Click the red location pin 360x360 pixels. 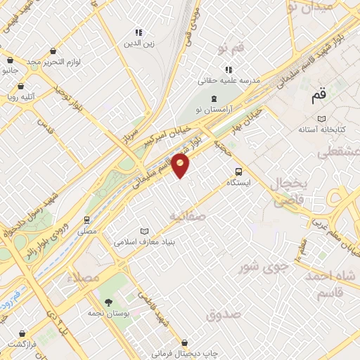click(x=181, y=166)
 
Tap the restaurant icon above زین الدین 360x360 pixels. click(x=139, y=32)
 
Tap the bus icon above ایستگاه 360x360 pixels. click(x=238, y=171)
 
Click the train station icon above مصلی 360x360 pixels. click(x=87, y=219)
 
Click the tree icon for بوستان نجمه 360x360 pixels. click(x=108, y=303)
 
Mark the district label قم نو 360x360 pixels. click(x=231, y=49)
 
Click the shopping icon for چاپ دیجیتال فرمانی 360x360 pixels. click(x=184, y=344)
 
